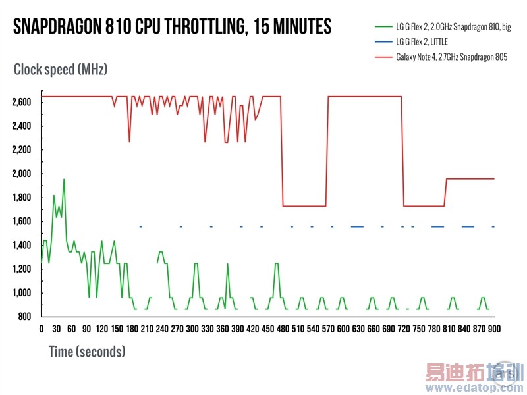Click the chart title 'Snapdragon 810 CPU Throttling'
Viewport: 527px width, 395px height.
tap(172, 26)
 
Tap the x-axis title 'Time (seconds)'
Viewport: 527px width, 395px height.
tap(87, 352)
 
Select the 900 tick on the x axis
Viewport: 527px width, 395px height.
tap(493, 329)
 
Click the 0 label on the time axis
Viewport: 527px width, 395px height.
tap(42, 329)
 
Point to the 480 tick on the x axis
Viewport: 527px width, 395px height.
tap(283, 329)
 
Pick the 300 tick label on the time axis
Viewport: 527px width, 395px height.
tap(192, 329)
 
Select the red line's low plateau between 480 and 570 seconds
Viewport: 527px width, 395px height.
tap(304, 206)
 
